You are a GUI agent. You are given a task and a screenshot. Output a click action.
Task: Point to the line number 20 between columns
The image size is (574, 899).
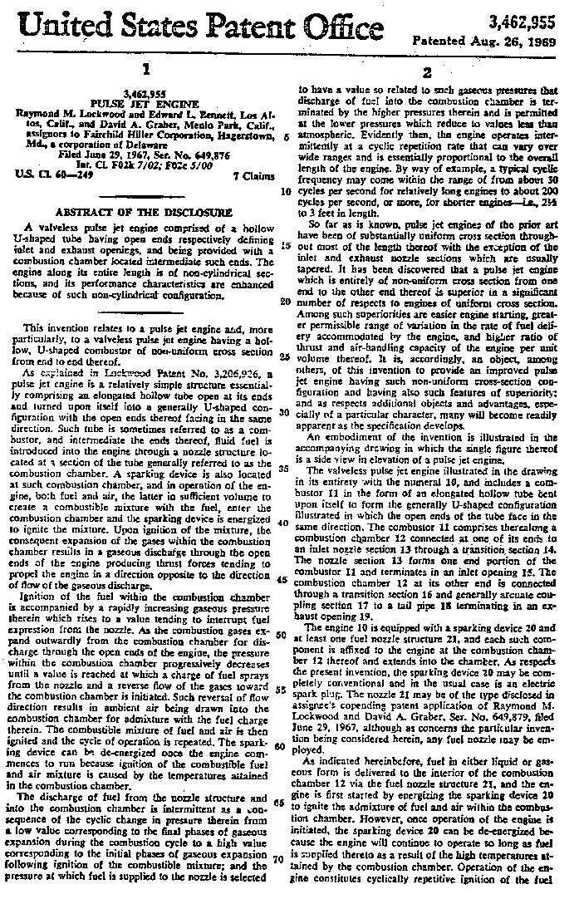coord(285,302)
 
